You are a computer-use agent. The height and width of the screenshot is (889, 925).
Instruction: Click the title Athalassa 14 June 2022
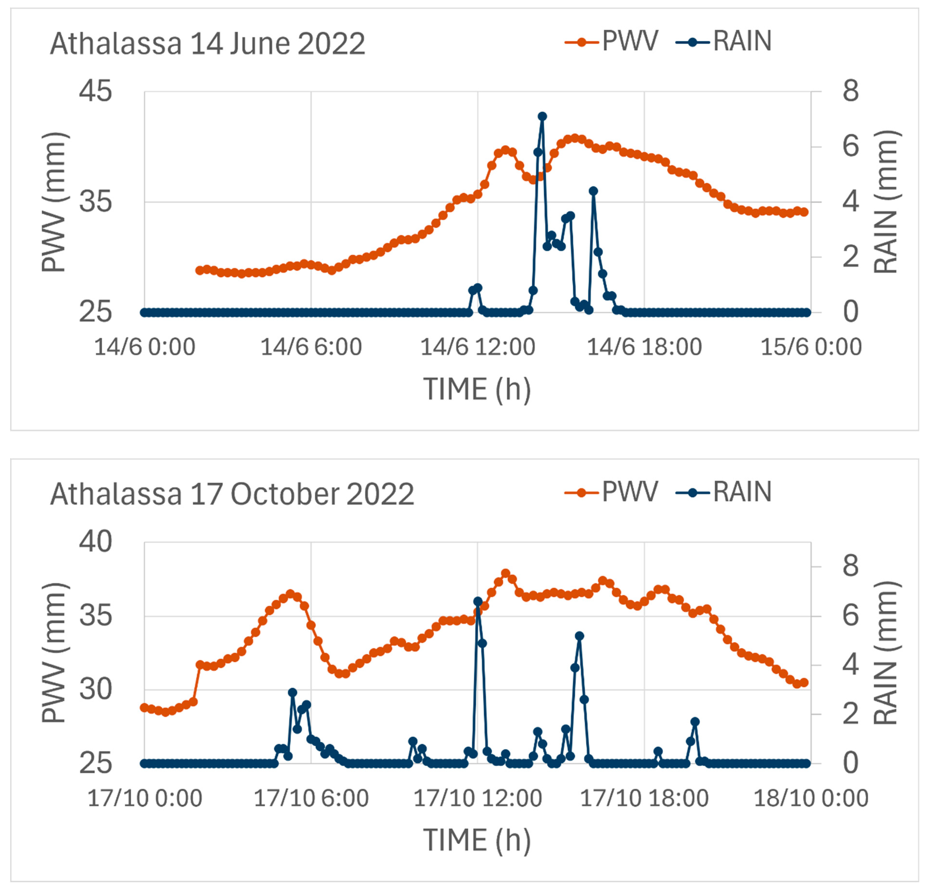point(208,44)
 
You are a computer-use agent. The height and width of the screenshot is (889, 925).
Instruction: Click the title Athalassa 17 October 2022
point(232,495)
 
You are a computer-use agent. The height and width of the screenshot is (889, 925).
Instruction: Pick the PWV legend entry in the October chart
point(612,492)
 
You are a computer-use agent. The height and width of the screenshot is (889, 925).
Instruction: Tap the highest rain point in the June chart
point(542,116)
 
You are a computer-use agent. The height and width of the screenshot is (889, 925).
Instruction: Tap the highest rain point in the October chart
point(478,601)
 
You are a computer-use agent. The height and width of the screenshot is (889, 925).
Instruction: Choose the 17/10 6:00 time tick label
point(311,798)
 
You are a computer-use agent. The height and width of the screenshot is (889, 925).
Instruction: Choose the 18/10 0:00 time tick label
point(811,798)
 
